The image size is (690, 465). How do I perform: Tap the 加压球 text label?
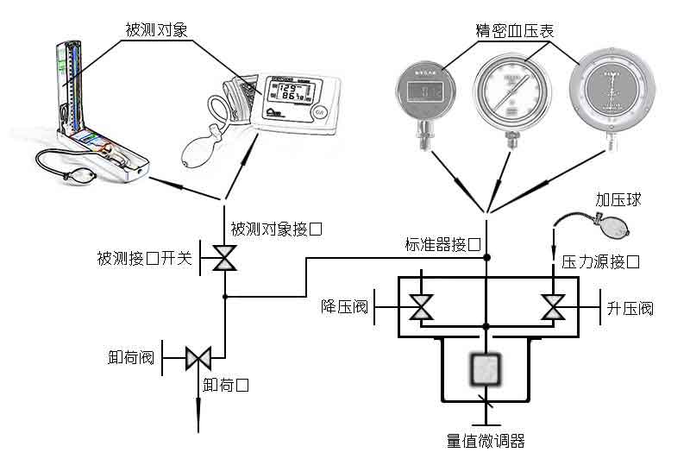pos(617,199)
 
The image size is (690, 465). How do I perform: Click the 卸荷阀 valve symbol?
pos(199,356)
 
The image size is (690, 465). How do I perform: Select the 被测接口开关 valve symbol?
pos(225,258)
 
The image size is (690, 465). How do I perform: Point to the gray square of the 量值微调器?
pos(486,370)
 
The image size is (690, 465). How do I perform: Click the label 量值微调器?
pos(486,442)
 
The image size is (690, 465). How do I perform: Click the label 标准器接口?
pos(442,244)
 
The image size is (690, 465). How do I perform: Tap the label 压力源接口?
pos(600,261)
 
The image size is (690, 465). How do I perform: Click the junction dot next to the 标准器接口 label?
pos(486,257)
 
